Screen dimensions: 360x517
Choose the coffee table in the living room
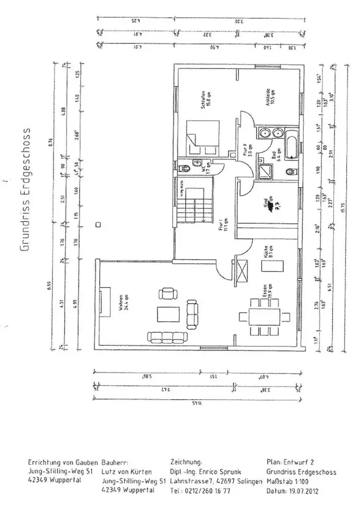click(167, 314)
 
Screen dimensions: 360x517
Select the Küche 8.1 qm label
click(265, 250)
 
